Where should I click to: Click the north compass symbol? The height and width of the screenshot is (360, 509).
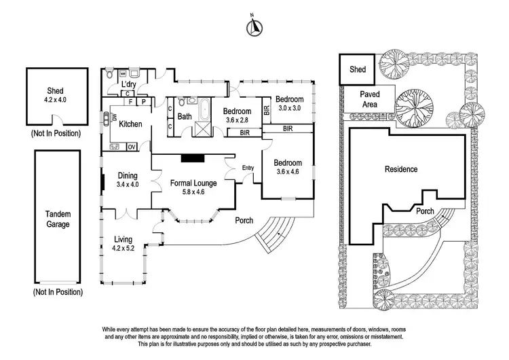coord(254,27)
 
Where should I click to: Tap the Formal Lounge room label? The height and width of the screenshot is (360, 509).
coord(193,183)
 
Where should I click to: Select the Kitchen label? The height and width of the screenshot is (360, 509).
coord(130,124)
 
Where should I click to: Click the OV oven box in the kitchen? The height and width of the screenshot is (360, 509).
coord(132,147)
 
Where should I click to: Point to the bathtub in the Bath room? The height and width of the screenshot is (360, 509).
coord(205,109)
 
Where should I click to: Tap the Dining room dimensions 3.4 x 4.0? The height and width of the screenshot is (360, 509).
coord(128,185)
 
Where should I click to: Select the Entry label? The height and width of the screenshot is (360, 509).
coord(248,168)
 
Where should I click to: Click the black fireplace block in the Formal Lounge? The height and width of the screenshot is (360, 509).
coord(193,158)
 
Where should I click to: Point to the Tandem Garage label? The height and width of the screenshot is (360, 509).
coord(58,219)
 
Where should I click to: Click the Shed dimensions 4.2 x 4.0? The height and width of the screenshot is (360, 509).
coord(55,100)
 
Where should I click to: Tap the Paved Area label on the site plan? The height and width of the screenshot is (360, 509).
coord(370,99)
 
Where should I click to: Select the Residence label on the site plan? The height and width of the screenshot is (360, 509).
coord(401,169)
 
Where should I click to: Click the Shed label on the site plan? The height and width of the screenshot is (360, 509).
coord(358,69)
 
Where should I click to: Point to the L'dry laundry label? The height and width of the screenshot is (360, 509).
coord(128,84)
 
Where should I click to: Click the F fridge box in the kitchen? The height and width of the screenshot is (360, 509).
coord(130,102)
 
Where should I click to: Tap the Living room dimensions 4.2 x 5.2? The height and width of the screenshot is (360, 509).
coord(123,248)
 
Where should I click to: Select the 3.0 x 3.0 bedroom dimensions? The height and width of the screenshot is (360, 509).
coord(290,108)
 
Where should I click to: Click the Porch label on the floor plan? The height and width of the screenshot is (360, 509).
coord(244,220)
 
